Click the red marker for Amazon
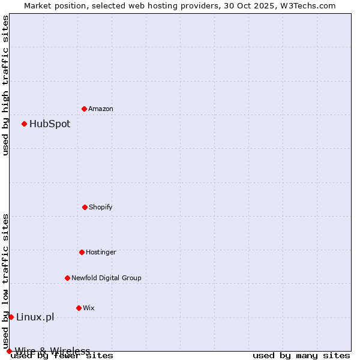(84, 109)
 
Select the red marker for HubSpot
(24, 124)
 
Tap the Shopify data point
(85, 207)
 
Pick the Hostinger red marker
(82, 252)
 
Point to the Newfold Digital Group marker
(67, 278)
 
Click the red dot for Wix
(79, 308)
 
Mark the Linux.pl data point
(11, 317)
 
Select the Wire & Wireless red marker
(9, 351)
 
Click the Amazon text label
(101, 109)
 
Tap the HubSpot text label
(50, 124)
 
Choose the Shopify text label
(101, 207)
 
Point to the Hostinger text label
(101, 252)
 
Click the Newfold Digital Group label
(106, 278)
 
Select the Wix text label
(89, 308)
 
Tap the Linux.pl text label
(35, 317)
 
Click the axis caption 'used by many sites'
(301, 356)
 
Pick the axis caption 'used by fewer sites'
(62, 356)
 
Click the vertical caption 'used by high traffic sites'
(5, 85)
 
